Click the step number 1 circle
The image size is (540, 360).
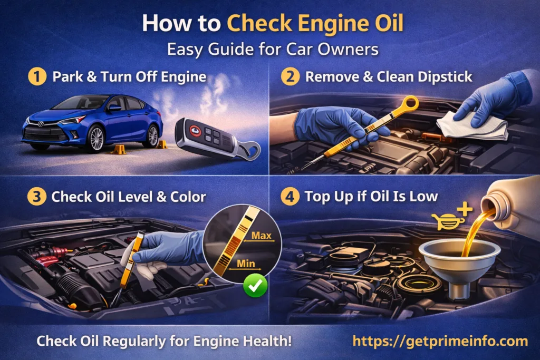[36, 77]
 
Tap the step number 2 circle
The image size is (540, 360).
[290, 77]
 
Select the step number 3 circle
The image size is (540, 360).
[36, 197]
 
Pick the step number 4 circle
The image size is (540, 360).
[290, 197]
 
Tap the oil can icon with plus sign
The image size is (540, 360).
[451, 219]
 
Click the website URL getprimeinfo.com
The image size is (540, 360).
[440, 340]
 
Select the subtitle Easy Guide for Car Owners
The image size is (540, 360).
[273, 50]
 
